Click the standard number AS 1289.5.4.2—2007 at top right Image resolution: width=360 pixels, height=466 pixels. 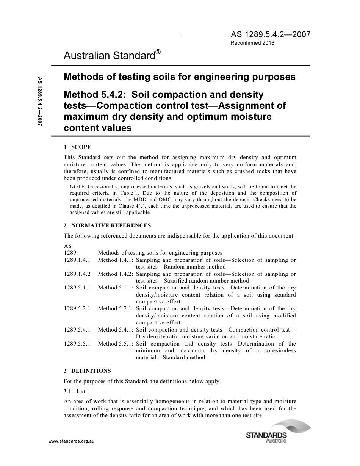pyautogui.click(x=271, y=34)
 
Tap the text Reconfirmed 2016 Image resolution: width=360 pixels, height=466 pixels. pyautogui.click(x=252, y=43)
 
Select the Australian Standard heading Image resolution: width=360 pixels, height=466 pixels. pyautogui.click(x=109, y=56)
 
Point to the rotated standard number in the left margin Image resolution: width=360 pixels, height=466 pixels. pyautogui.click(x=39, y=101)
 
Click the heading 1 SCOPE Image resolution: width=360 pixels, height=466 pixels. pyautogui.click(x=77, y=147)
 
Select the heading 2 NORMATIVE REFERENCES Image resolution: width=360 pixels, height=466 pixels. pyautogui.click(x=107, y=225)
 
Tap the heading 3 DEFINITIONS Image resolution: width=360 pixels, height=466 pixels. pyautogui.click(x=87, y=371)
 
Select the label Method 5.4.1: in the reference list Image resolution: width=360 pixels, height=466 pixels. pyautogui.click(x=115, y=330)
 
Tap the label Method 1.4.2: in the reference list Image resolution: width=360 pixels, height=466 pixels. pyautogui.click(x=115, y=274)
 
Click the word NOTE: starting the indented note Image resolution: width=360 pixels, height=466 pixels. pyautogui.click(x=78, y=186)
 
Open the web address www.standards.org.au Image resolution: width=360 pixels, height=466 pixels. pyautogui.click(x=71, y=442)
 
